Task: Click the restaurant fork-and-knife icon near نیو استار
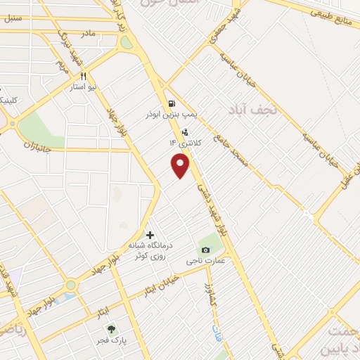point(83,77)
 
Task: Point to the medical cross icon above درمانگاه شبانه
point(149,234)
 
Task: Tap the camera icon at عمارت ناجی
point(205,250)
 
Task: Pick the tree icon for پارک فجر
point(110,328)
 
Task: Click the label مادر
point(88,33)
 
